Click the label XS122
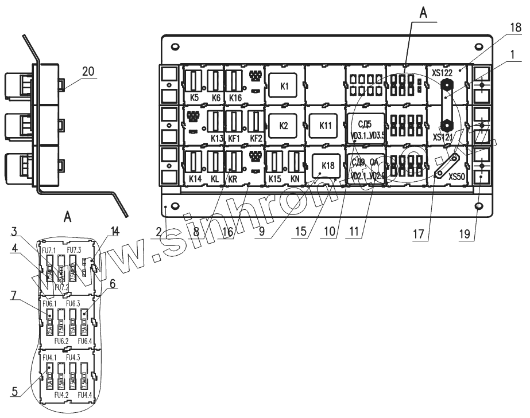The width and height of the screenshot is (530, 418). point(443,73)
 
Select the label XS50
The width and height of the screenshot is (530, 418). point(457,178)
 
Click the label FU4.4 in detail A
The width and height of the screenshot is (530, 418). point(86,395)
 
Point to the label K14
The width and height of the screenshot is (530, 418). point(196,179)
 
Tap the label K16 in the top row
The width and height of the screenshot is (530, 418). point(235,98)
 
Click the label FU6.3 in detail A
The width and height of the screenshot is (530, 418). point(72,303)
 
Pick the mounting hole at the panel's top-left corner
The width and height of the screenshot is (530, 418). point(175,46)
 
